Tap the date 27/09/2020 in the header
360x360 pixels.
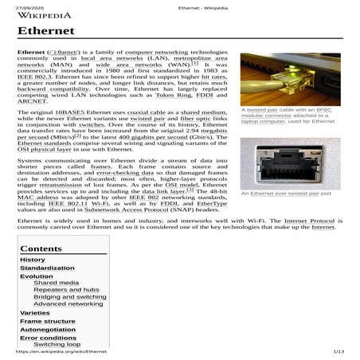pyautogui.click(x=32, y=3)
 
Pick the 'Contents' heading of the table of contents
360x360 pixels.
pyautogui.click(x=41, y=248)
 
